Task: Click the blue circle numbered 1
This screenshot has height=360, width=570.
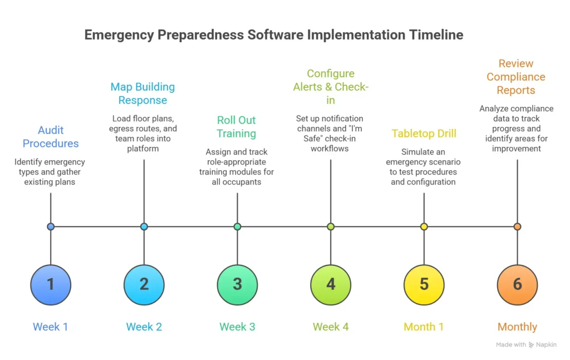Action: click(51, 284)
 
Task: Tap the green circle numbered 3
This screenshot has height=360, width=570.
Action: click(237, 284)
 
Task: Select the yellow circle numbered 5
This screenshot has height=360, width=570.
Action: click(424, 284)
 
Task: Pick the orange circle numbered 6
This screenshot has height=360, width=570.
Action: click(517, 284)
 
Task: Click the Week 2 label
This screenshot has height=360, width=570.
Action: click(144, 327)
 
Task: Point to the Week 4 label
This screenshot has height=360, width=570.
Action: click(331, 327)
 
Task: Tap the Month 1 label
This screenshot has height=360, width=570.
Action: click(424, 327)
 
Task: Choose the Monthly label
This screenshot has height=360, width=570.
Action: click(517, 327)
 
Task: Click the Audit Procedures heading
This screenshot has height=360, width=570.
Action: click(51, 136)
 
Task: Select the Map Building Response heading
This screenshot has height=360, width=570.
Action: click(142, 93)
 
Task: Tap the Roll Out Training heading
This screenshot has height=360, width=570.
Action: click(237, 126)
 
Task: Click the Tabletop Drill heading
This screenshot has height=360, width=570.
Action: click(424, 133)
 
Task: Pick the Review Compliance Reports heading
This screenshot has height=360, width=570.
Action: click(516, 77)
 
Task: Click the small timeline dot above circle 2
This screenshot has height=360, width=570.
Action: click(144, 226)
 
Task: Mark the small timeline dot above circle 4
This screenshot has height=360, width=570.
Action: click(331, 226)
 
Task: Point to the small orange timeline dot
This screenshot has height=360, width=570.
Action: click(517, 226)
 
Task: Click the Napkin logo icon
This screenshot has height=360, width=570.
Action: click(532, 345)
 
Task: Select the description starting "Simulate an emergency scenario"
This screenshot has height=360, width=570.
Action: click(424, 167)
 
